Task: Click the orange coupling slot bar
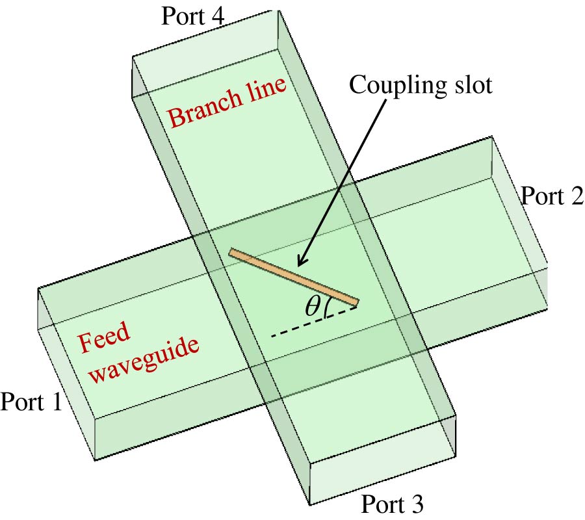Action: point(293,276)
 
